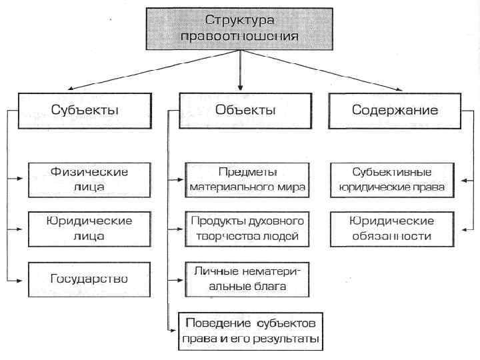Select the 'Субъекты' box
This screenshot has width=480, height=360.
(x=85, y=110)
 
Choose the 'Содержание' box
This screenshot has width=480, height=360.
(x=395, y=110)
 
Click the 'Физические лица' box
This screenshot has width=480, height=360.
(x=89, y=179)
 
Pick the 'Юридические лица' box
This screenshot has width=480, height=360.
(x=89, y=228)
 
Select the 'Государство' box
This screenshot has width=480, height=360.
(x=89, y=278)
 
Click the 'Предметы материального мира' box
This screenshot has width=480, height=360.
(x=247, y=179)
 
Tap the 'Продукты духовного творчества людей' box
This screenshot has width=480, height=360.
(x=247, y=228)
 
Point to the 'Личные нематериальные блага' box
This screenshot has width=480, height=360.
(x=247, y=279)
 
